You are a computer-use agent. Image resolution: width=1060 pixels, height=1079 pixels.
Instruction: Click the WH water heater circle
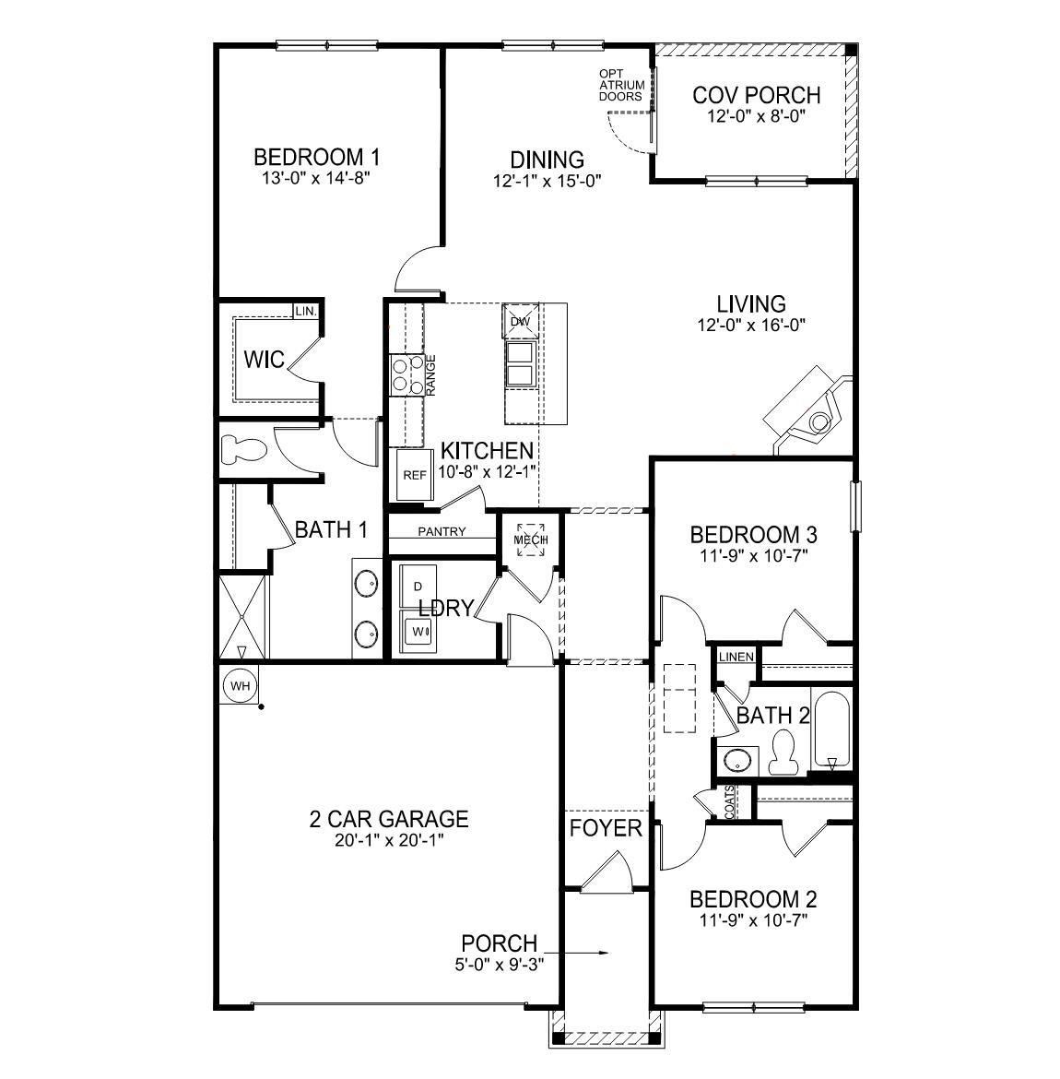[240, 686]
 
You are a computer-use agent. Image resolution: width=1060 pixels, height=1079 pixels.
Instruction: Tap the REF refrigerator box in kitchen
[415, 475]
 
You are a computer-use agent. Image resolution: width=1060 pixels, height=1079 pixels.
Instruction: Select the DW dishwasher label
[520, 321]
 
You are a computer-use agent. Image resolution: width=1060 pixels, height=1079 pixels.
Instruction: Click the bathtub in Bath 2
[832, 729]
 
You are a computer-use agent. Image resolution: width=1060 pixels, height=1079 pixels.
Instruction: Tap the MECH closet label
[531, 539]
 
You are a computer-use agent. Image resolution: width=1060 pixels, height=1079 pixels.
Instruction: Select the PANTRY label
[442, 531]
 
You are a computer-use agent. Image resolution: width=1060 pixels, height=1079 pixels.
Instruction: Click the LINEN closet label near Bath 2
[736, 657]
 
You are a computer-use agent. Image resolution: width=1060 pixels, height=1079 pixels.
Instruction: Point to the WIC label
[264, 358]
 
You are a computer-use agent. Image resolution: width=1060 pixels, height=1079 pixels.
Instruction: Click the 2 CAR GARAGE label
[388, 818]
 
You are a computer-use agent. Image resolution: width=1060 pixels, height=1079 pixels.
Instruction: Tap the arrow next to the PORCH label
[577, 952]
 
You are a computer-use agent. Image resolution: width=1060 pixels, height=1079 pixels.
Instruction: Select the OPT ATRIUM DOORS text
[621, 85]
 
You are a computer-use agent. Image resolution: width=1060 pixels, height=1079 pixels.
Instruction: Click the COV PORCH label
[756, 95]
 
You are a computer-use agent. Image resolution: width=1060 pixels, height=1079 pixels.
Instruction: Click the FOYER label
[606, 827]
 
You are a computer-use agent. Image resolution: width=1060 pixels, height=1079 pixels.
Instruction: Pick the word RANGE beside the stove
[430, 375]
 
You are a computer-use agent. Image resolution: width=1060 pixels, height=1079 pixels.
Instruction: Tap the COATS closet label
[730, 802]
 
